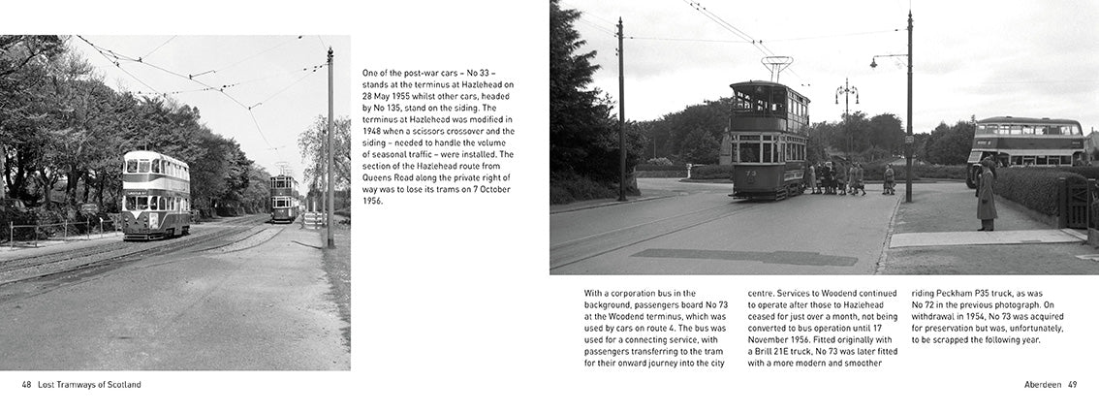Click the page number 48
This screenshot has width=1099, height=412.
(x=26, y=385)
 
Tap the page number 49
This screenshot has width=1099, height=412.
(x=1072, y=385)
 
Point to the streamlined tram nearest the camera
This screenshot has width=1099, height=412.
(x=155, y=195)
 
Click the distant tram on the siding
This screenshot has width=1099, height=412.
(x=284, y=197)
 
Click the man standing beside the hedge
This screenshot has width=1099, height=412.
(x=986, y=196)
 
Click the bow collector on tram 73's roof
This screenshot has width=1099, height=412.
(x=775, y=67)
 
